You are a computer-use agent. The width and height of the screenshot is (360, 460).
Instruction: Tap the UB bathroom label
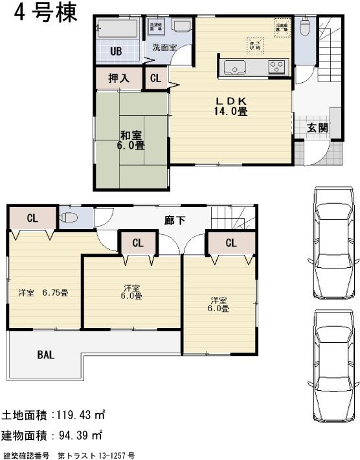pyautogui.click(x=116, y=52)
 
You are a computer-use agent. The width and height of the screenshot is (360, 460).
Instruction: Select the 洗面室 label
pyautogui.click(x=164, y=47)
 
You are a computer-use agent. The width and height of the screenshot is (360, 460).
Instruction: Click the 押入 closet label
pyautogui.click(x=118, y=79)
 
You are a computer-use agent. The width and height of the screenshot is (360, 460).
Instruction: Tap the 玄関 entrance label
pyautogui.click(x=317, y=127)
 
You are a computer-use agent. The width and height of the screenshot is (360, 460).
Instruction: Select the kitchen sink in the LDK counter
pyautogui.click(x=233, y=67)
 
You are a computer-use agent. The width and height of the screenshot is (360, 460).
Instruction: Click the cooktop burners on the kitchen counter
pyautogui.click(x=277, y=67)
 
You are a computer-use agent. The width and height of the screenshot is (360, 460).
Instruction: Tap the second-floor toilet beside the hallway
pyautogui.click(x=69, y=218)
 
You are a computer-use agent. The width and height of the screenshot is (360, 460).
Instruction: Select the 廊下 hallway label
pyautogui.click(x=174, y=221)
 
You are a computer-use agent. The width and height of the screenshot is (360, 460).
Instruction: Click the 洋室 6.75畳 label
pyautogui.click(x=43, y=292)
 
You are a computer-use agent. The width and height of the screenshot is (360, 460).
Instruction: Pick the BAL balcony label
pyautogui.click(x=45, y=355)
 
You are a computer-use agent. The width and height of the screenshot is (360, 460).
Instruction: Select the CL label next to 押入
pyautogui.click(x=155, y=79)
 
